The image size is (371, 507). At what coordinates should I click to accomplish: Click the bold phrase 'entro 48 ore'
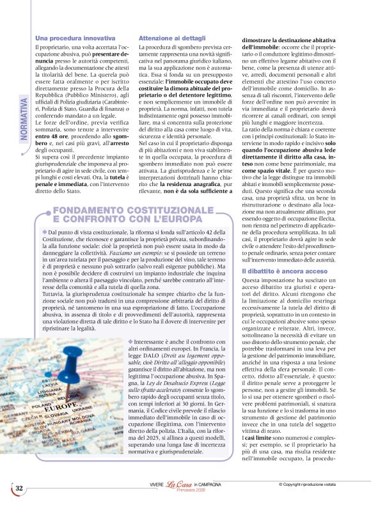(x=52, y=136)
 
